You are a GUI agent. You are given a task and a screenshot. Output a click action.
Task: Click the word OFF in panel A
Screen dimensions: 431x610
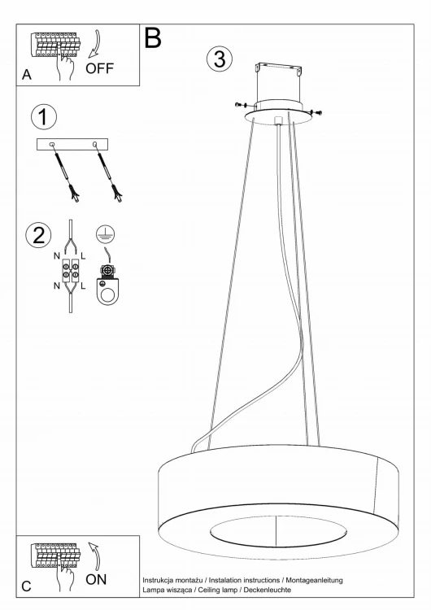point(99,68)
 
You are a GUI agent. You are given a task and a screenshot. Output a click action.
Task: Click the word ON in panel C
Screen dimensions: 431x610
point(96,580)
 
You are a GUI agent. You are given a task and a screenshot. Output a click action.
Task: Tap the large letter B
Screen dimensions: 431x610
point(153,37)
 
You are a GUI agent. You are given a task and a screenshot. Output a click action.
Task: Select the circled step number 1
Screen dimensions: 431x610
point(44,116)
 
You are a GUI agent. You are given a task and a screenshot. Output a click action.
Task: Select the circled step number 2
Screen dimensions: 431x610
point(38,235)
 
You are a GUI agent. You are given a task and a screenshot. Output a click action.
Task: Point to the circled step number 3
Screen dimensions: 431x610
point(220,59)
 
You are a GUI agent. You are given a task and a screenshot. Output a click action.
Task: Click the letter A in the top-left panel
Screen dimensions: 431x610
point(27,75)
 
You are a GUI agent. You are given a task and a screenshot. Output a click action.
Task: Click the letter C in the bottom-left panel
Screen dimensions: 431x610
point(26,586)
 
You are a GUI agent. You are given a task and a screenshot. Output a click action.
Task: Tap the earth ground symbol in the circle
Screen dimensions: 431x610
point(106,233)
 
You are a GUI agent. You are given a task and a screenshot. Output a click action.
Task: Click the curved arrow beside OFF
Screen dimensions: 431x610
point(94,44)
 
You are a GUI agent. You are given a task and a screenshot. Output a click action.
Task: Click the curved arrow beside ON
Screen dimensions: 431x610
point(94,556)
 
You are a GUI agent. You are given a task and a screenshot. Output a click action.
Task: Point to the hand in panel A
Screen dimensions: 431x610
point(65,64)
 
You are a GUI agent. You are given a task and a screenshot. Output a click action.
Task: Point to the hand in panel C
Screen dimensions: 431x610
point(65,577)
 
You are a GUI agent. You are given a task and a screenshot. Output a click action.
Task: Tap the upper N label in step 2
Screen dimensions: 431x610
point(57,256)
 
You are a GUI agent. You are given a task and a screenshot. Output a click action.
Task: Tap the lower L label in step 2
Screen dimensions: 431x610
point(83,286)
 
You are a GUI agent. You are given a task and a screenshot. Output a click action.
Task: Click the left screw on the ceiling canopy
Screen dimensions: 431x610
point(241,104)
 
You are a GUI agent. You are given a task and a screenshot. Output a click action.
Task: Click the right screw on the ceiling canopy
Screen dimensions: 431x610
point(317,112)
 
